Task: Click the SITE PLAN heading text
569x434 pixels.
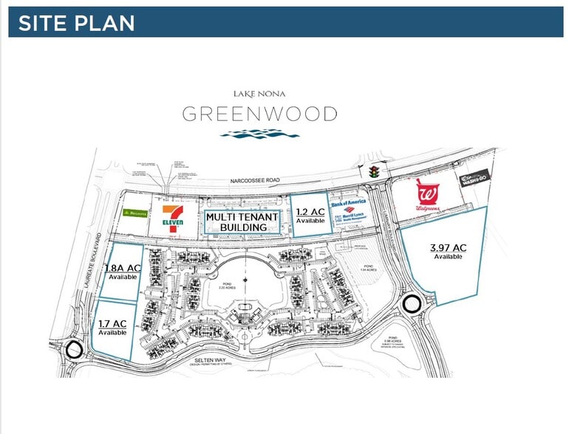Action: point(76,23)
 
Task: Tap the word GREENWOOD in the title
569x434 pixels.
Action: point(259,114)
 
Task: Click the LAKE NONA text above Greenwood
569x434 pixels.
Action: point(259,94)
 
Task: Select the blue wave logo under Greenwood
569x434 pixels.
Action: point(259,134)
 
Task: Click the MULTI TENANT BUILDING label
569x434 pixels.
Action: point(242,221)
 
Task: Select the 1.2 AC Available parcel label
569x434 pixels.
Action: point(310,215)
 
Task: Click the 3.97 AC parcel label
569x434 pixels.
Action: point(448,251)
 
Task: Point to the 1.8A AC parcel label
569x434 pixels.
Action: point(123,272)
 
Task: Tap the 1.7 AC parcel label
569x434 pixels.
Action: point(112,327)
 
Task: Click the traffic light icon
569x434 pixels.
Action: point(375,171)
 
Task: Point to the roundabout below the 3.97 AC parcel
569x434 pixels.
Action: point(412,303)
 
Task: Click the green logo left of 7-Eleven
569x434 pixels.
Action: point(133,213)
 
